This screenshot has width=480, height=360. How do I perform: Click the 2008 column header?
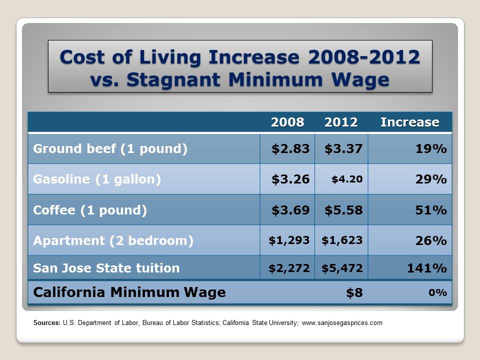[287, 122]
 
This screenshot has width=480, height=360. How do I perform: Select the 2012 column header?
[341, 122]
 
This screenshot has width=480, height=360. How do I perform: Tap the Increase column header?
[409, 122]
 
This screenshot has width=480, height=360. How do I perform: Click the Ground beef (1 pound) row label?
[110, 149]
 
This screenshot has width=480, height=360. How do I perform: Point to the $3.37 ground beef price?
[343, 149]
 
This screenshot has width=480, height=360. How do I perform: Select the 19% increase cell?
[430, 149]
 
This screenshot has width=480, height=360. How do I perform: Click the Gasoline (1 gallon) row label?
[97, 179]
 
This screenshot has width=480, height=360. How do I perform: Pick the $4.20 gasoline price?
[347, 179]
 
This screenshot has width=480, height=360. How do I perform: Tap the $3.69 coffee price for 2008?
[290, 210]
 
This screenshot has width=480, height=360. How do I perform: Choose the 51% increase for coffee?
[430, 210]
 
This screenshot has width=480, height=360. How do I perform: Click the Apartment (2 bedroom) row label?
[113, 240]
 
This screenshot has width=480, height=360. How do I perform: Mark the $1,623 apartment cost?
[342, 240]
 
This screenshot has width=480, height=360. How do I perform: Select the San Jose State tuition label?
[106, 268]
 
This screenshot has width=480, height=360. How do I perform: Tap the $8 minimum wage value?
[354, 292]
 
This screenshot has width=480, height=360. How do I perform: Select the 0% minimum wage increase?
[437, 292]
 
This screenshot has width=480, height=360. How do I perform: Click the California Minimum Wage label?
[129, 292]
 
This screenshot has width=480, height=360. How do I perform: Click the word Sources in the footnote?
[47, 323]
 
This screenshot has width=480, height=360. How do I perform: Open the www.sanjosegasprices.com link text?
[342, 323]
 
